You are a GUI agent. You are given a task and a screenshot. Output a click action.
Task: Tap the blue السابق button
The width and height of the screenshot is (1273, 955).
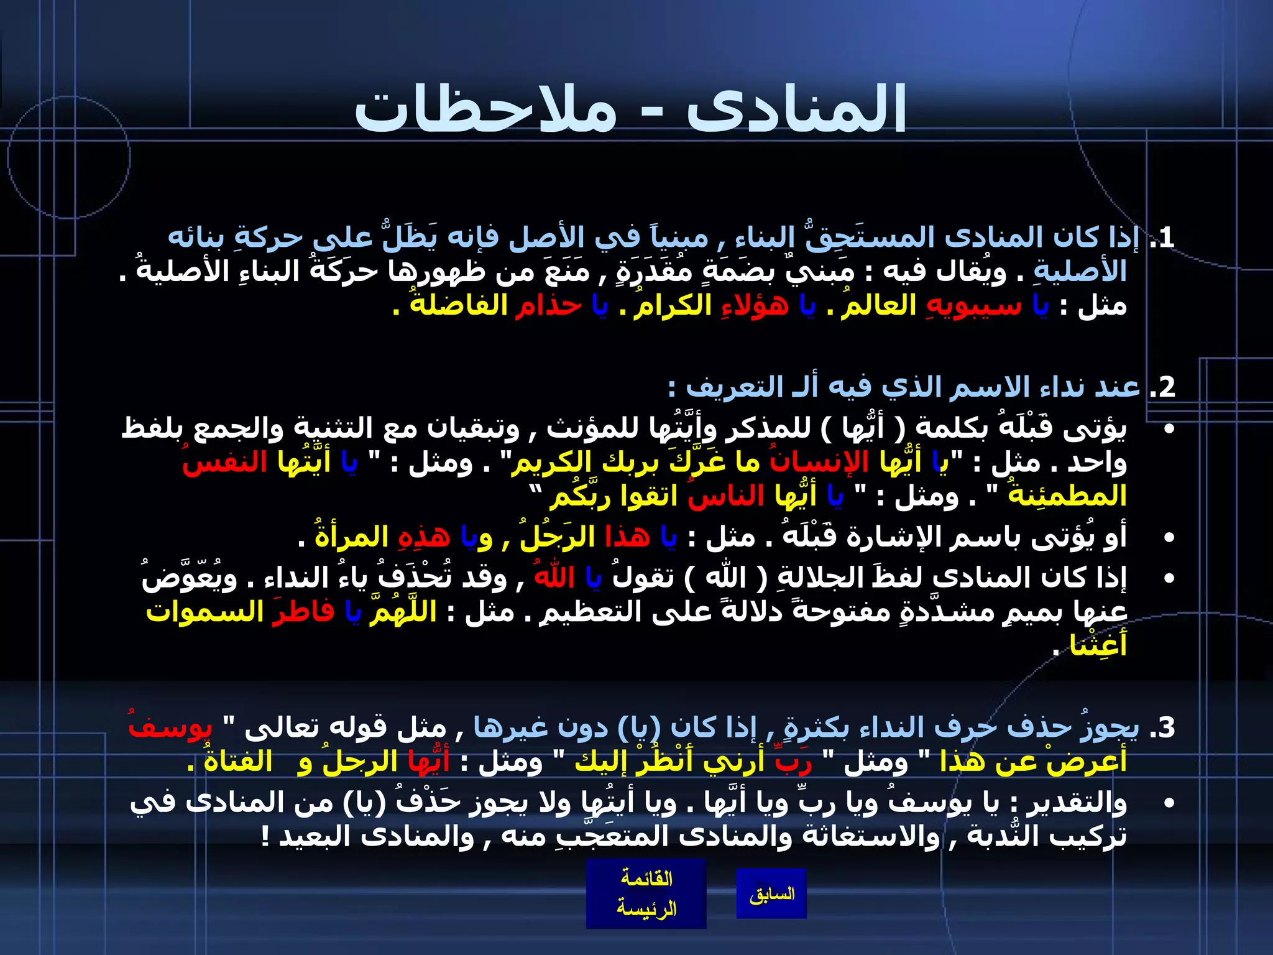click(771, 894)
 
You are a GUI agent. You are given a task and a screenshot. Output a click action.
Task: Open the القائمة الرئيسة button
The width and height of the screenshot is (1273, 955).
click(646, 893)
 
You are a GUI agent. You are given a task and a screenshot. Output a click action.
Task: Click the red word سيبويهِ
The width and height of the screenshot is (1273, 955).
click(974, 306)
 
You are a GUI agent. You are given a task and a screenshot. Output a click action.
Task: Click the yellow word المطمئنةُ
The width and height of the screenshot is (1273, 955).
click(1067, 496)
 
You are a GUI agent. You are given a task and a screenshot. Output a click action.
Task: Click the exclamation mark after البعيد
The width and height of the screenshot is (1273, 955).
click(265, 837)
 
